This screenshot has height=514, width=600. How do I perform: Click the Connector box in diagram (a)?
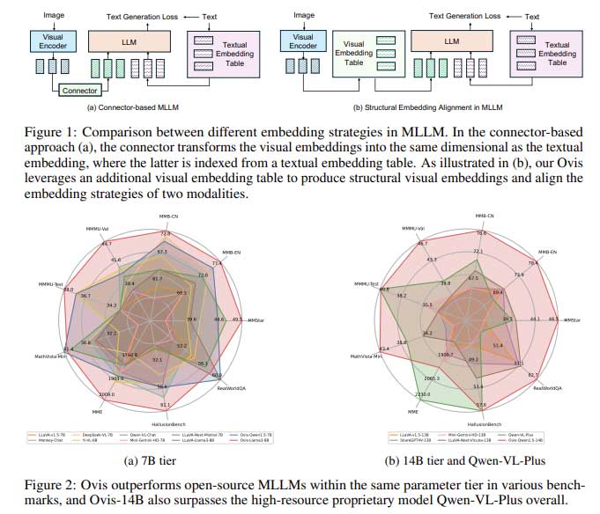[x=80, y=90]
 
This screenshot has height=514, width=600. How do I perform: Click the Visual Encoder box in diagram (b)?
[x=302, y=43]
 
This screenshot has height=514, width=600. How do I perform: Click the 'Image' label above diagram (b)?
[x=303, y=15]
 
